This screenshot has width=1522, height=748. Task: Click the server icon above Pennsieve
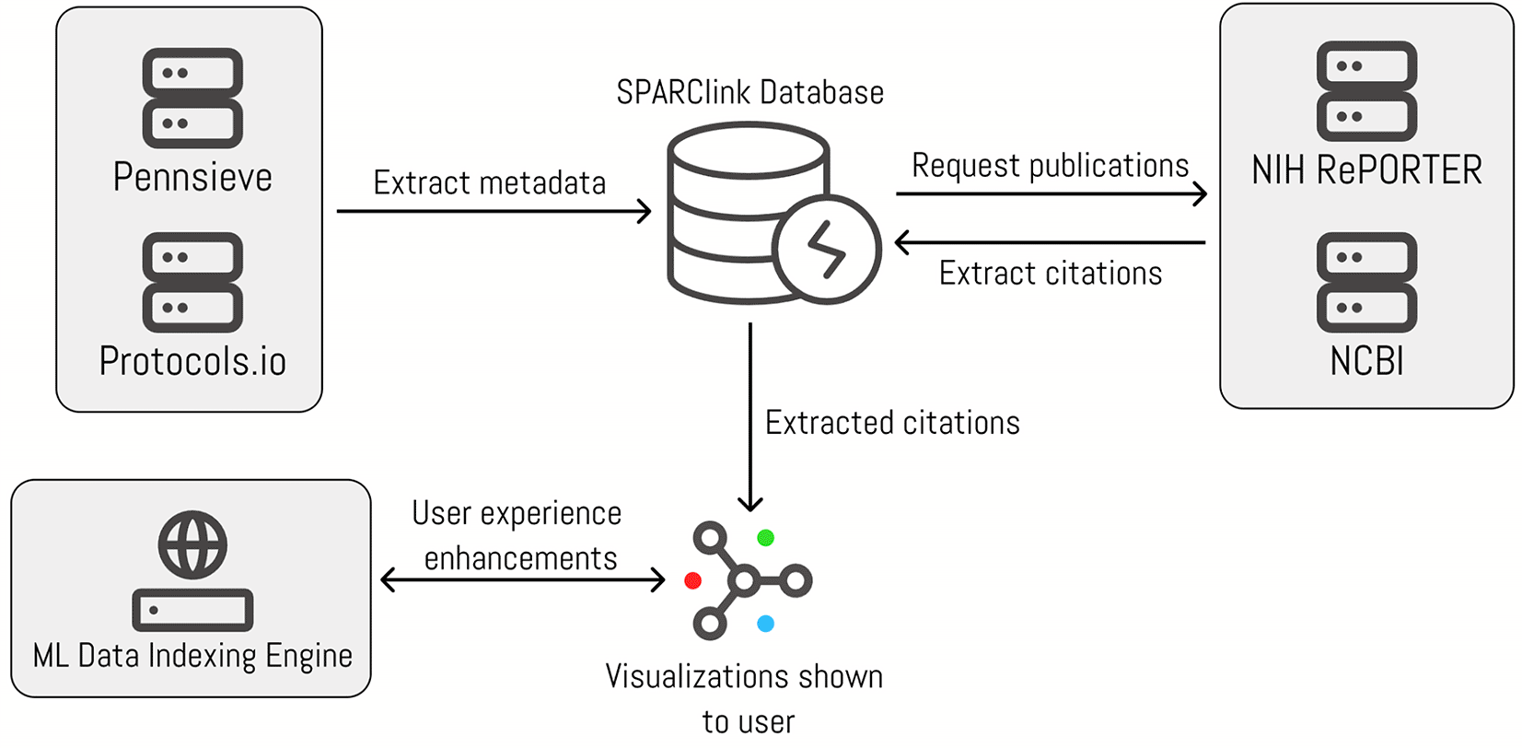(x=192, y=98)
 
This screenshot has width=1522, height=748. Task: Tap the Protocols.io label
(x=192, y=361)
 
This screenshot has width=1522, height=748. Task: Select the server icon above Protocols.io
(x=192, y=282)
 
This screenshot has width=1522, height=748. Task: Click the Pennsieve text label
(x=192, y=177)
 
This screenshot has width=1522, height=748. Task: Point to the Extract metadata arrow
(x=494, y=211)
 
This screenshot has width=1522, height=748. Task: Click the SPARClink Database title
(x=749, y=93)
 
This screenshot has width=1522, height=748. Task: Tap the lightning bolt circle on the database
(x=826, y=250)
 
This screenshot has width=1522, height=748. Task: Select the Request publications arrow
(x=1050, y=193)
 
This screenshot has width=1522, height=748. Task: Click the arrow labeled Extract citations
(x=1050, y=242)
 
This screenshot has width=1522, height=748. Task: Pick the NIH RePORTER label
(x=1366, y=170)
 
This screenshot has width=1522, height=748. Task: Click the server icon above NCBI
(x=1366, y=282)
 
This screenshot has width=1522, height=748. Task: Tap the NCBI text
(x=1366, y=361)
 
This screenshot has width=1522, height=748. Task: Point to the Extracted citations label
(x=892, y=423)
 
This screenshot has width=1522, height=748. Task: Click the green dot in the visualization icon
(x=765, y=537)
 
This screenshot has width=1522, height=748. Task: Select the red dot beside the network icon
(x=693, y=580)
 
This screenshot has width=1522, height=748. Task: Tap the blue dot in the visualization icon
(x=765, y=624)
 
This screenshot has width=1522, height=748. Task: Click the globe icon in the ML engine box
(x=192, y=544)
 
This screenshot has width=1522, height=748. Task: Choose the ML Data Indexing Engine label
(x=192, y=656)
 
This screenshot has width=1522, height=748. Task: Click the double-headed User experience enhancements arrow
(x=522, y=579)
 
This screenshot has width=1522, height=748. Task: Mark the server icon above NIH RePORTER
(x=1366, y=91)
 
